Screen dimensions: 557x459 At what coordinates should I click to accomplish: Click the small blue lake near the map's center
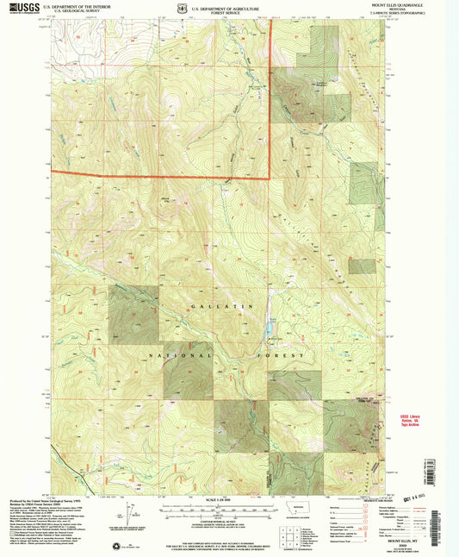[x=269, y=329]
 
